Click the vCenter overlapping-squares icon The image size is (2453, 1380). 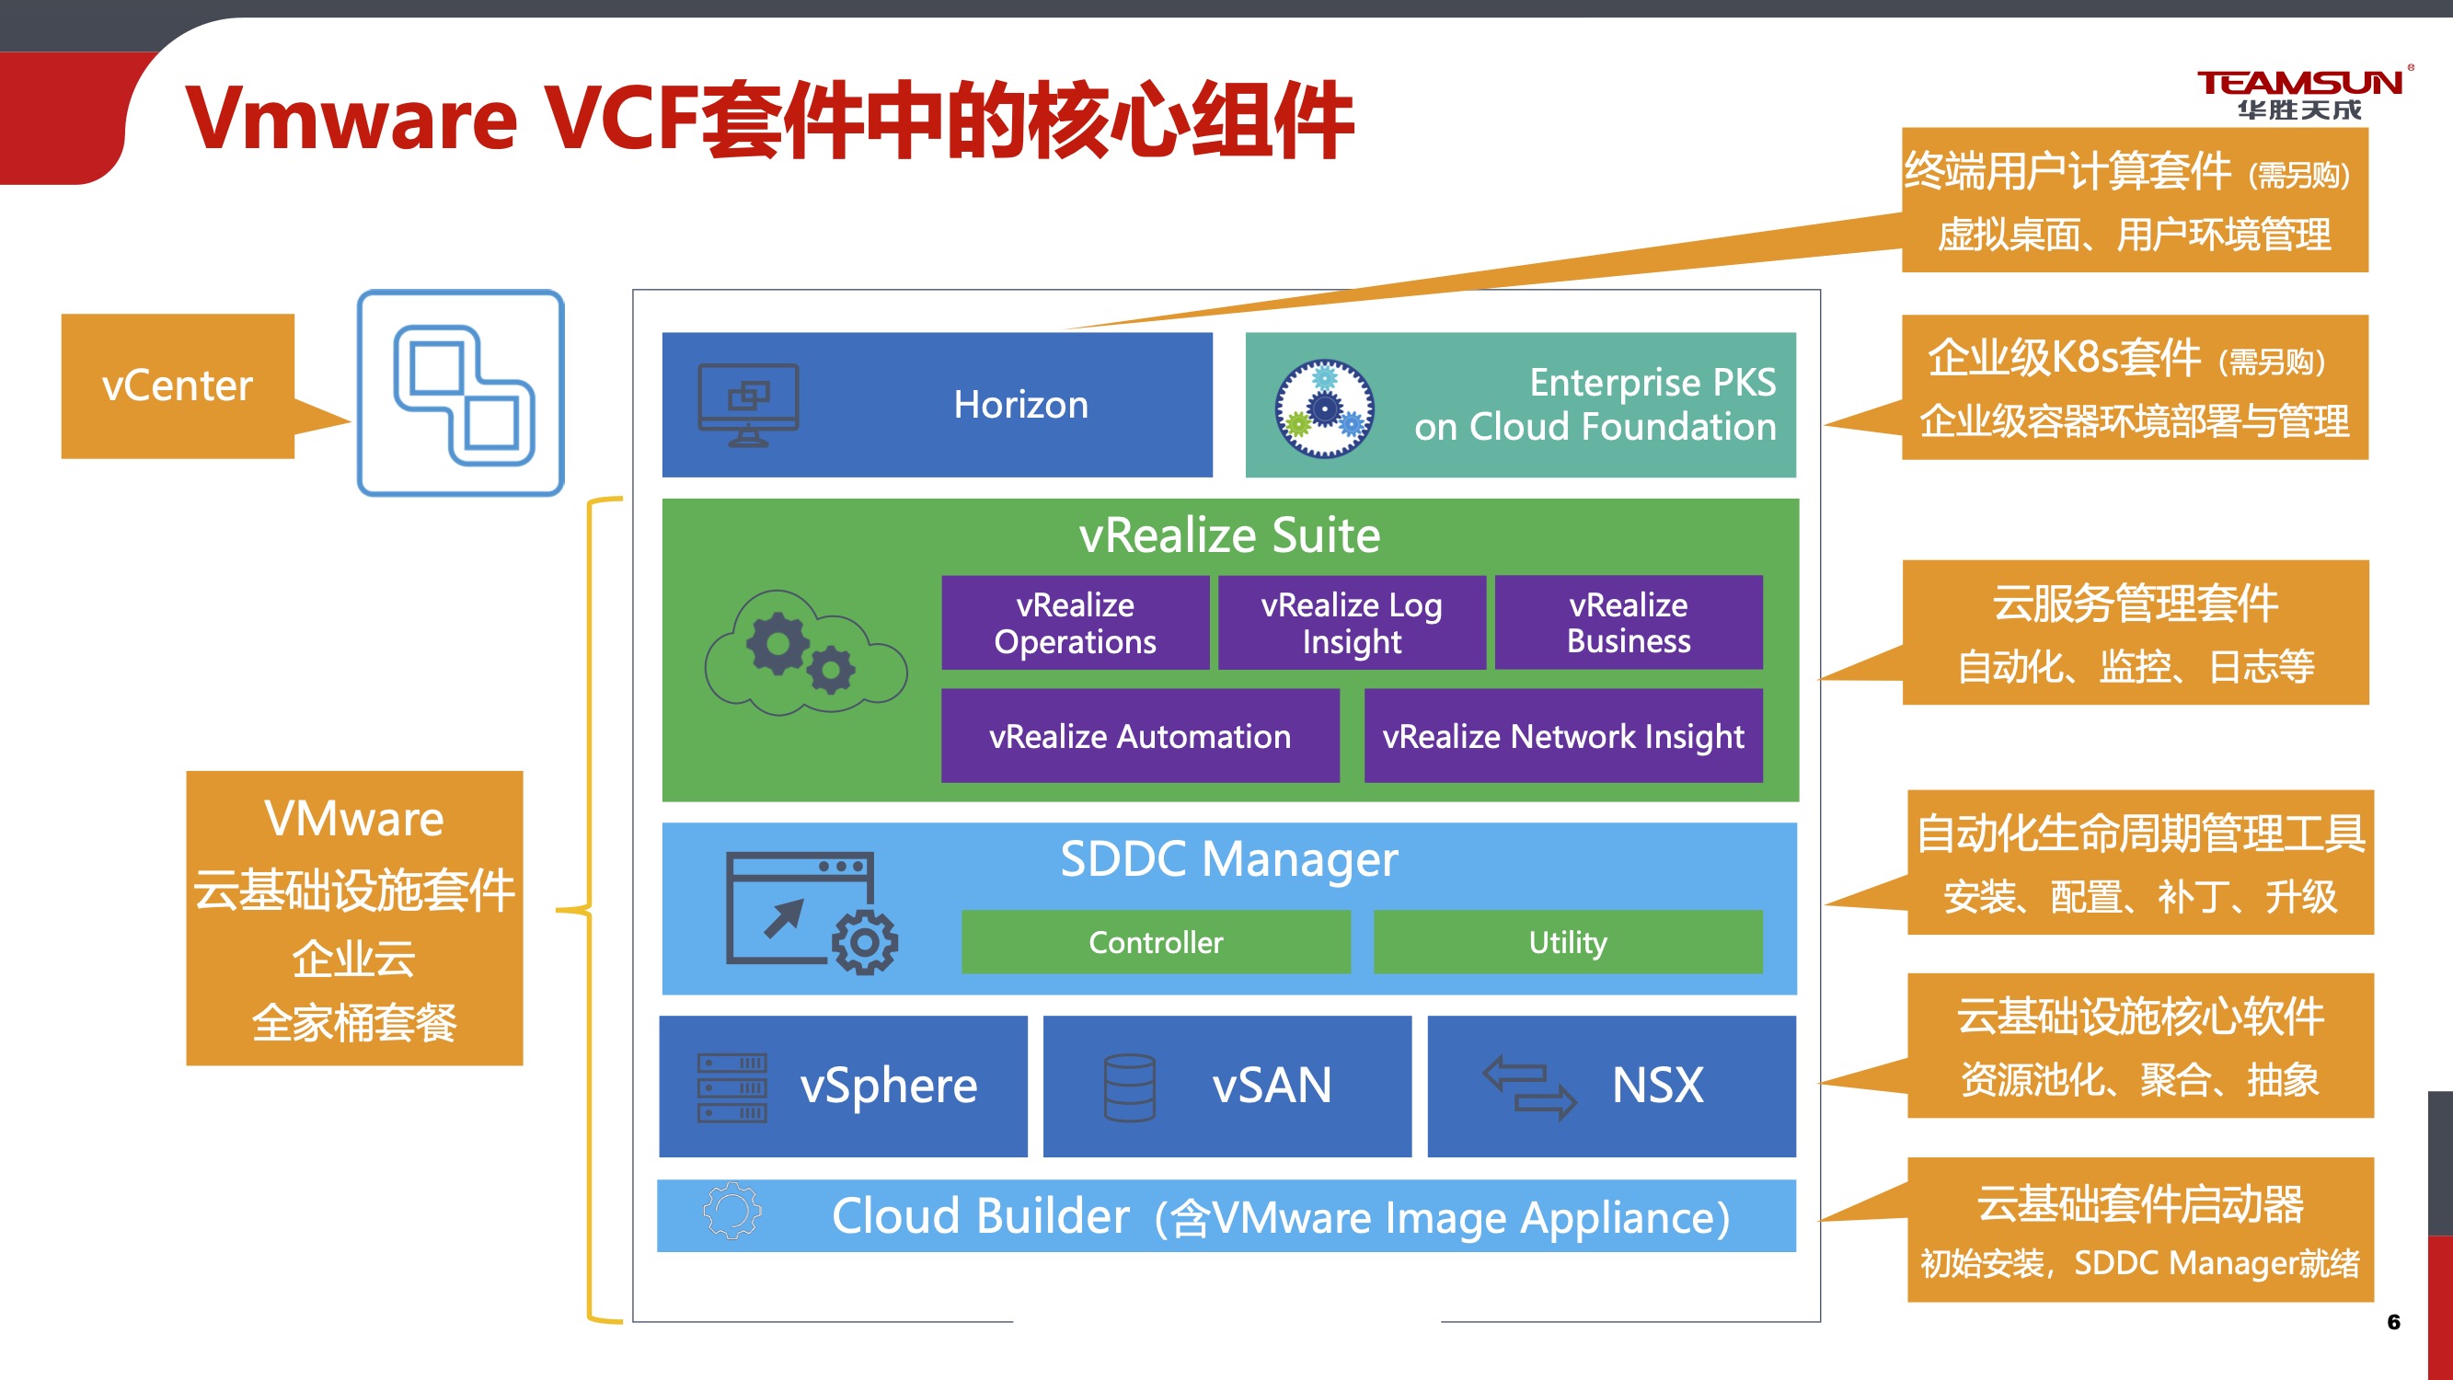pos(462,394)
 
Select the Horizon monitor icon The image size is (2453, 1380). pos(748,405)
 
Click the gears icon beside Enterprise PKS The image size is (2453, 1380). pos(1324,408)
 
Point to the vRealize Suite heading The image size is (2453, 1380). pos(1228,535)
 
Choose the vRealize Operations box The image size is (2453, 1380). pos(1075,623)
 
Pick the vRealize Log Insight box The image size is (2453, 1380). pos(1352,623)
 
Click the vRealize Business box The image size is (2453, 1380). pos(1629,623)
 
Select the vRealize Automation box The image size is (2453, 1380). pos(1140,736)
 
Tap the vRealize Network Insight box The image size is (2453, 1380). pos(1562,736)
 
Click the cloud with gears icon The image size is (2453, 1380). pos(806,653)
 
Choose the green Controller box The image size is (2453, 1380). pos(1155,942)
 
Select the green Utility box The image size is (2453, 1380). pos(1568,942)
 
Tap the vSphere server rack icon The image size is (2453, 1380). pos(731,1087)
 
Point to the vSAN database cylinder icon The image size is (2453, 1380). pos(1129,1087)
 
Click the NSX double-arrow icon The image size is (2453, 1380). pos(1529,1087)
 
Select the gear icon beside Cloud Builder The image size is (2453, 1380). pos(732,1212)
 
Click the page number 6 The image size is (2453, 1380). pos(2394,1322)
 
